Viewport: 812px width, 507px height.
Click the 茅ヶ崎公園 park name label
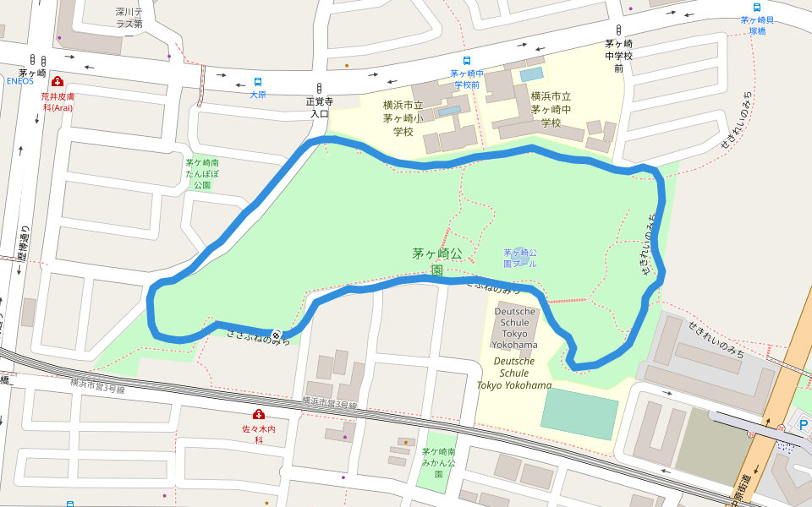click(x=437, y=261)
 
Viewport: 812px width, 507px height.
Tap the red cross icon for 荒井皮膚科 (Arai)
click(x=57, y=82)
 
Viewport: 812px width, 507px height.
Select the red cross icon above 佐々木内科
click(x=258, y=414)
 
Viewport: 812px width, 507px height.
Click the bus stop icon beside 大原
click(x=258, y=82)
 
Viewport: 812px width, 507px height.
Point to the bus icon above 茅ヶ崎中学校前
click(x=466, y=61)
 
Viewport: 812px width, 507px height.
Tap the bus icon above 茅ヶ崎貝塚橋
click(x=756, y=7)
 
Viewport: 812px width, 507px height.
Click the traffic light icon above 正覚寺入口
click(x=320, y=88)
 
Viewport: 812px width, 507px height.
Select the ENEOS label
click(x=19, y=81)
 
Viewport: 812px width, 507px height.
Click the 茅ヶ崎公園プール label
click(x=520, y=258)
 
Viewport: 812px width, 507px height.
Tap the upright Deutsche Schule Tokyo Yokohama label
click(x=515, y=328)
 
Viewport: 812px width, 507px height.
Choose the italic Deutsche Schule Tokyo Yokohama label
click(x=513, y=373)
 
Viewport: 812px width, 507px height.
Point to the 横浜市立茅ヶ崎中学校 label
click(x=551, y=109)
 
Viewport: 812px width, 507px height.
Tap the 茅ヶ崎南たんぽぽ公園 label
click(x=202, y=172)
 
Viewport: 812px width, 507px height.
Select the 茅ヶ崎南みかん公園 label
click(x=438, y=463)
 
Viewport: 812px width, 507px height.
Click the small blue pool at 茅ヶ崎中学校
click(x=532, y=74)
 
